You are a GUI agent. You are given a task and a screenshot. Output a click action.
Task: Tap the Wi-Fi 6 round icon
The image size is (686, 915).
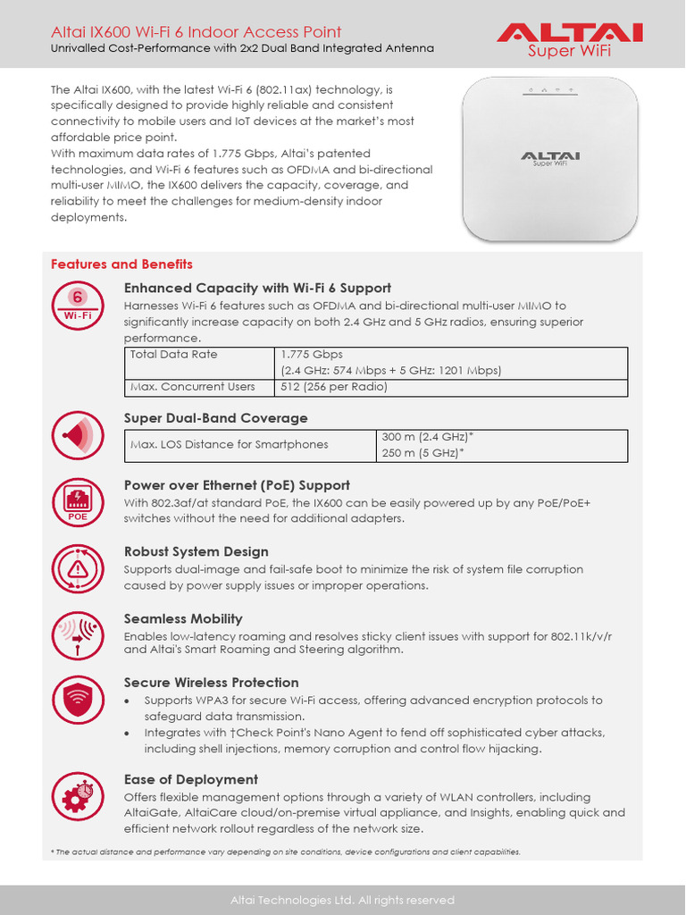[79, 306]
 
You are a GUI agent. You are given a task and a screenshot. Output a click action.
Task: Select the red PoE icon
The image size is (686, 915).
[79, 501]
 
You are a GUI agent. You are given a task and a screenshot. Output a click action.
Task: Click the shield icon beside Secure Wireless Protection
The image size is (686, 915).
[79, 700]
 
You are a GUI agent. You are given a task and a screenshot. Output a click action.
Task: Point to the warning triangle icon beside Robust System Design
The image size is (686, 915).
[79, 568]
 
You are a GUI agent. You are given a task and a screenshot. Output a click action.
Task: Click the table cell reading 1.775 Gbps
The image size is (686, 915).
[312, 355]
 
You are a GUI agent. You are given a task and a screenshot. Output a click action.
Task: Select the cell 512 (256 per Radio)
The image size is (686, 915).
[334, 387]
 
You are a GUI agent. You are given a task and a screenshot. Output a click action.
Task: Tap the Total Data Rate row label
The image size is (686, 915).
[173, 355]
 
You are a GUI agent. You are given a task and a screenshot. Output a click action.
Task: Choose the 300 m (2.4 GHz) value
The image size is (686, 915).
[427, 437]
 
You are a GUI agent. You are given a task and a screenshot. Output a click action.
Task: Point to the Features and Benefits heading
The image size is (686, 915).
[121, 264]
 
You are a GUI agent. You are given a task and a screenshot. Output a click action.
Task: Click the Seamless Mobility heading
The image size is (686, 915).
[183, 618]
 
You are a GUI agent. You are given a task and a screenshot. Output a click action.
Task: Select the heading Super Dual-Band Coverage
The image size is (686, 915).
[215, 418]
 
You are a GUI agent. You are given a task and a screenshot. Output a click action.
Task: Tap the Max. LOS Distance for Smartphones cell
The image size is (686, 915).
[229, 444]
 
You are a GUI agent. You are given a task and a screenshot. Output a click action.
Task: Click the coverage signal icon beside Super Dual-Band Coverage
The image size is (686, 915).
[79, 436]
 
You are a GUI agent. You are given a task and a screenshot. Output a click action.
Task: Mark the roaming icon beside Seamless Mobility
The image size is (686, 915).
[79, 635]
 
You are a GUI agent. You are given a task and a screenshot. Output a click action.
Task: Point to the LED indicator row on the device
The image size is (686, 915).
[550, 90]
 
